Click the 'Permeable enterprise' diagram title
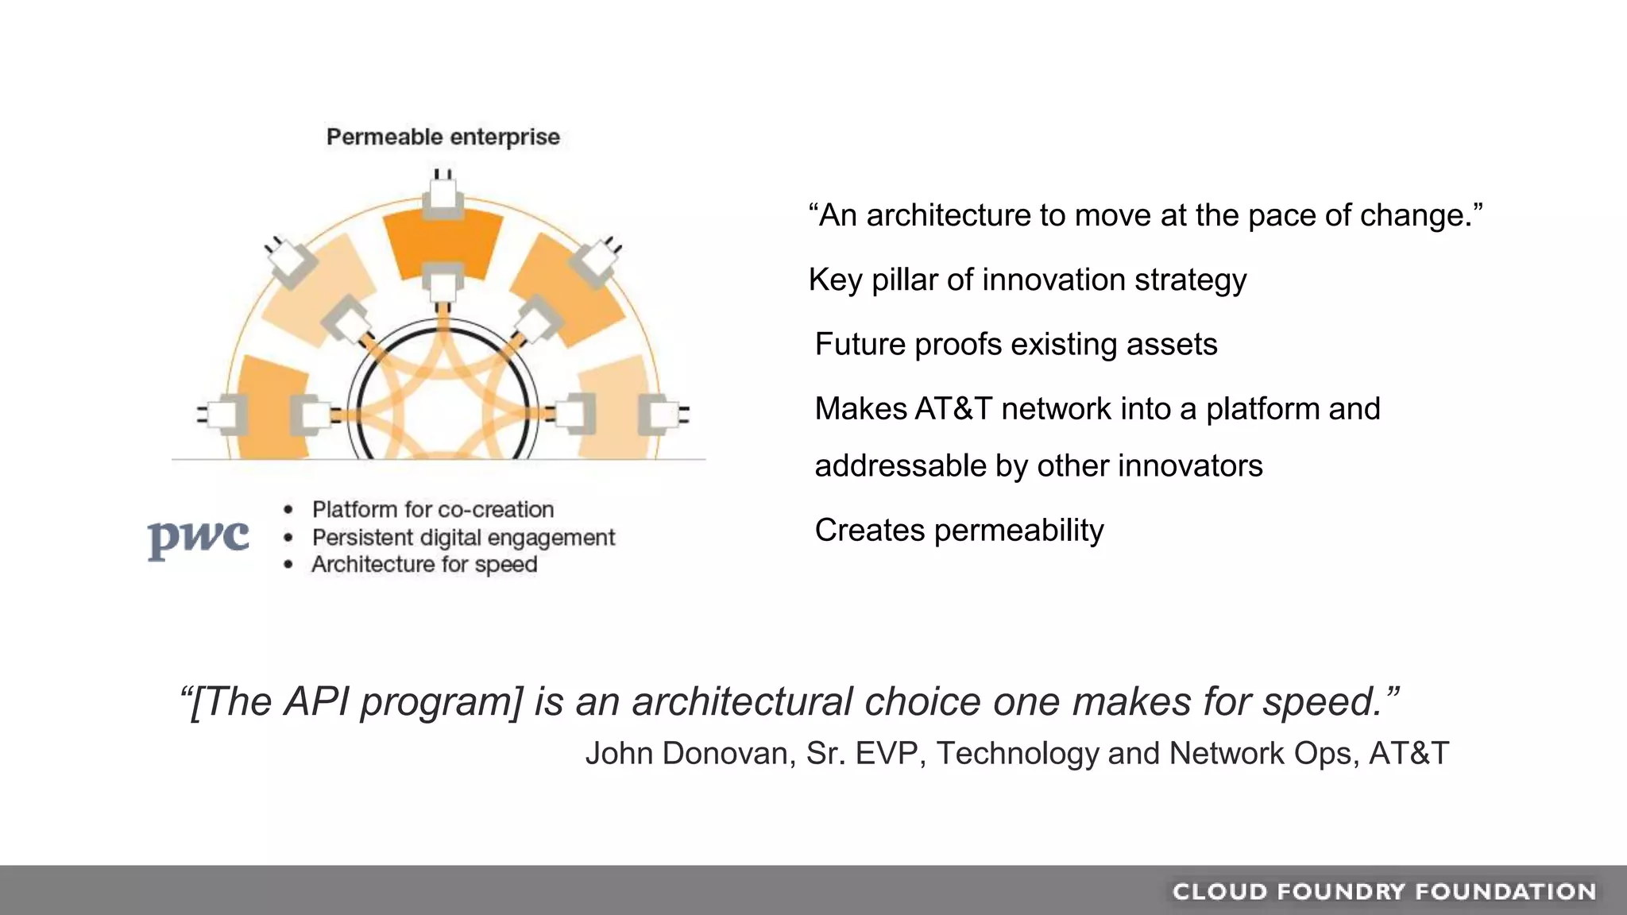tap(442, 137)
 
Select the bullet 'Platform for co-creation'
tap(432, 509)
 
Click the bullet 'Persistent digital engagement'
tap(463, 538)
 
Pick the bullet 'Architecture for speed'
tap(424, 565)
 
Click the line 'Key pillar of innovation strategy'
tap(1026, 280)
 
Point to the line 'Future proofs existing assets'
tap(1015, 344)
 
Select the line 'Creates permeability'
tap(959, 530)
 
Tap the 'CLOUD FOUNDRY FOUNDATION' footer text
tap(1384, 891)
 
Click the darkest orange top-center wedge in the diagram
tap(442, 238)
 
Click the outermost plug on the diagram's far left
tap(224, 414)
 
